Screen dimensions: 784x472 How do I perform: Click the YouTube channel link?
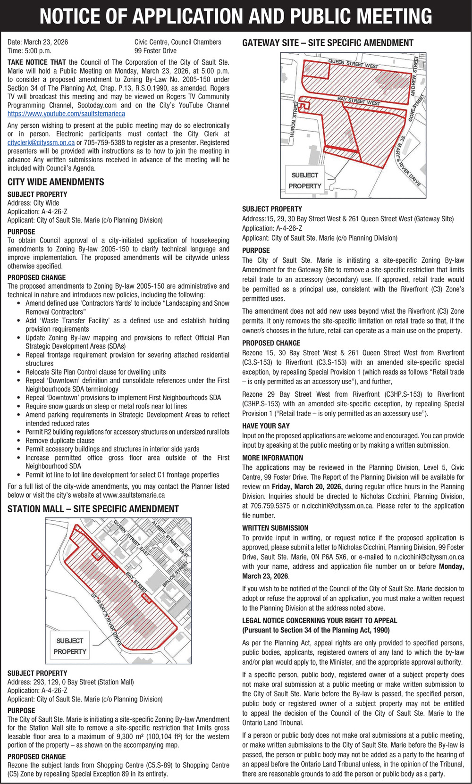point(66,114)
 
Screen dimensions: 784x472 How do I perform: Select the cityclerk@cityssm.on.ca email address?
point(41,142)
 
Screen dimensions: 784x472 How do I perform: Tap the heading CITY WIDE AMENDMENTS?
point(56,182)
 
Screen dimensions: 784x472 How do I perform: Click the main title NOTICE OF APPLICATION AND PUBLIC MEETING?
point(236,16)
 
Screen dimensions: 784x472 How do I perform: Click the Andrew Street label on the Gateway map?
point(416,71)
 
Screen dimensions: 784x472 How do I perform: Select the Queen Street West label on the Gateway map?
point(353,64)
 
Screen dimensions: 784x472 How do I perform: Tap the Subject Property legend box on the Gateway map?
point(305,180)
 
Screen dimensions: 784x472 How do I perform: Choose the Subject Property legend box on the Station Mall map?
point(70,646)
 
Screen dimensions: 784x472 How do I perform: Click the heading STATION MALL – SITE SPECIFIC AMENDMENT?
point(93,509)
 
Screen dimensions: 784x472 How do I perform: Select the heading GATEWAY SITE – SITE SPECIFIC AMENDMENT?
point(328,43)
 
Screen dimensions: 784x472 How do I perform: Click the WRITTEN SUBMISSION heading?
point(275,528)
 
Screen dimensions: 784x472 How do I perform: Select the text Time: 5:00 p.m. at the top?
point(29,51)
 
